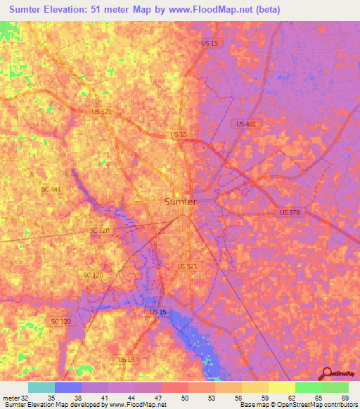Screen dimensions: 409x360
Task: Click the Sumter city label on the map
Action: (x=180, y=201)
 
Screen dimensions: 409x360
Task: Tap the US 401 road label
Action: (x=246, y=124)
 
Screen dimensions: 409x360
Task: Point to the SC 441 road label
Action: (x=51, y=189)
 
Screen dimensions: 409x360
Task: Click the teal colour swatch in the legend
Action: (x=41, y=387)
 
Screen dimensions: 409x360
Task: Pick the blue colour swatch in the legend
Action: (x=68, y=387)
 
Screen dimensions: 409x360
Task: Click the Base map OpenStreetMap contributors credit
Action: (x=295, y=405)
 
